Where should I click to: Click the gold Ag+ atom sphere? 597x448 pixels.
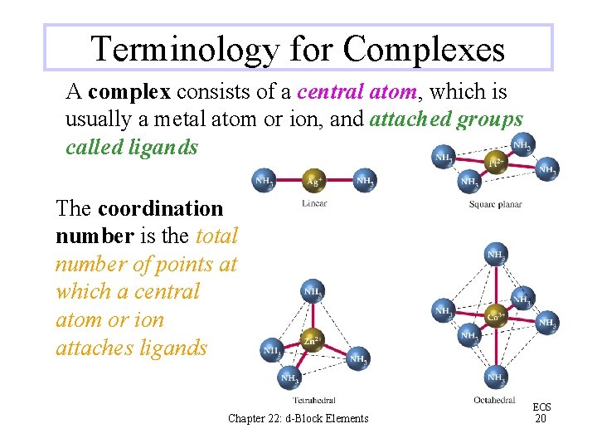pos(314,181)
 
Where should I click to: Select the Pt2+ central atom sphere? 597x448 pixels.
pos(496,163)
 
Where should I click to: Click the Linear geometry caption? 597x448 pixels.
pos(314,203)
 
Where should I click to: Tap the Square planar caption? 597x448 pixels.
pos(495,204)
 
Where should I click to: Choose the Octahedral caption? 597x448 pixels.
pos(495,401)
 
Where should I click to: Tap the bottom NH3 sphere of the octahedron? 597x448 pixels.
pos(495,378)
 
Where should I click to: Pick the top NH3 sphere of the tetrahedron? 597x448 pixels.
pos(313,292)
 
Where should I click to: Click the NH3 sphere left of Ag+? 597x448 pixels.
pos(265,181)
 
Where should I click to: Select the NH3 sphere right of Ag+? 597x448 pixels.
pos(364,181)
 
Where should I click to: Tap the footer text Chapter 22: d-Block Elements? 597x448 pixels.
pos(298,418)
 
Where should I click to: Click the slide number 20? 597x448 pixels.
pos(541,419)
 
